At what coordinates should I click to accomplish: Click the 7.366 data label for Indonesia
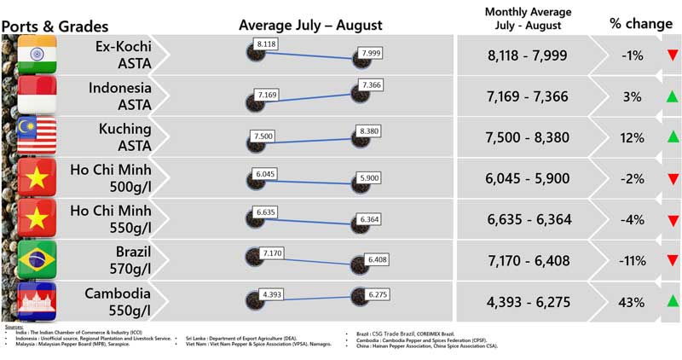[x=371, y=85]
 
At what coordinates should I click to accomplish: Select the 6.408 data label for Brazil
[x=376, y=258]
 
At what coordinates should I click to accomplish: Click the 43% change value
[x=632, y=302]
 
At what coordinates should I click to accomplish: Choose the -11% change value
[x=632, y=261]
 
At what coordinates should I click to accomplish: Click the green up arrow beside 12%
[x=673, y=136]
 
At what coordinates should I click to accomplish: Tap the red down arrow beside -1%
[x=673, y=55]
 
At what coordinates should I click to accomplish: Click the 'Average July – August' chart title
[x=310, y=25]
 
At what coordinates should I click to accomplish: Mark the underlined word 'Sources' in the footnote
[x=14, y=327]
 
